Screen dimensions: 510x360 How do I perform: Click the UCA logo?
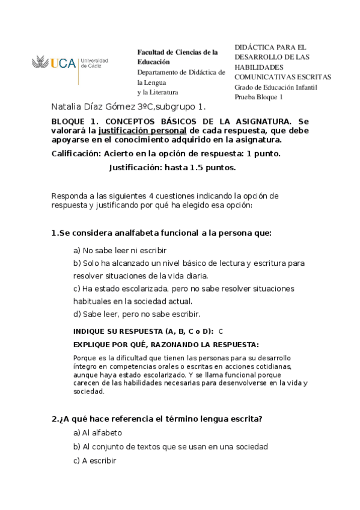69,63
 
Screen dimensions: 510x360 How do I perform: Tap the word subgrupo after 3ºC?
174,108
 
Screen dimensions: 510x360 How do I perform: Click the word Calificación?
76,153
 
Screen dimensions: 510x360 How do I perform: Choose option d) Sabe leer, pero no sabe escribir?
136,314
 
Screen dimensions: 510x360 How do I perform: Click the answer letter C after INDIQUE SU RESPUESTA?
221,331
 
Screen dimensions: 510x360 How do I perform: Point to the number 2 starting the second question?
53,419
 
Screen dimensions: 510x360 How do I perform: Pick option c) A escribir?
94,461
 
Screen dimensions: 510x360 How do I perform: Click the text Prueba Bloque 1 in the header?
258,97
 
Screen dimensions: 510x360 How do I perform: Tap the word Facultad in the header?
151,52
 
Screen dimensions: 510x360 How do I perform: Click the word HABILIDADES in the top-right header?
258,67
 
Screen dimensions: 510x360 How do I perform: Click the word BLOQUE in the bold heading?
69,121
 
